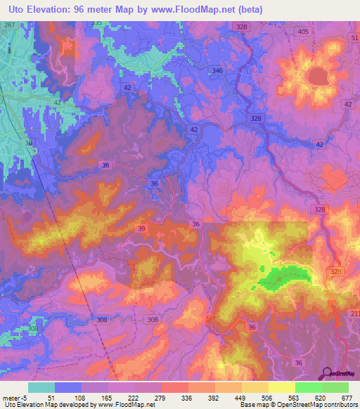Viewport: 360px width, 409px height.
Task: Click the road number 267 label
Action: coord(9,25)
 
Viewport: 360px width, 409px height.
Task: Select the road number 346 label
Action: coord(217,71)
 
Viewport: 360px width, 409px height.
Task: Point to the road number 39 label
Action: coord(141,230)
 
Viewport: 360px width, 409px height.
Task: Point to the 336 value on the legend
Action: coord(187,398)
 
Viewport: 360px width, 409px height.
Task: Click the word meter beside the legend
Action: coord(12,398)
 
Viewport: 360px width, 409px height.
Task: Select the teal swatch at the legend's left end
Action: coord(41,387)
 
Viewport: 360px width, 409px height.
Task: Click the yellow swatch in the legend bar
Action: coord(281,387)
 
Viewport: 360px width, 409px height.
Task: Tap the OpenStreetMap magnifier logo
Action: coord(327,373)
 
